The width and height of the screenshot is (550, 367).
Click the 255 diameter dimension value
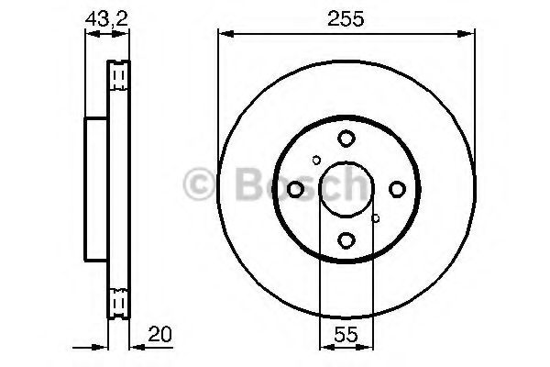click(x=346, y=19)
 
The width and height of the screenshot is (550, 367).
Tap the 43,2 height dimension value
click(x=106, y=19)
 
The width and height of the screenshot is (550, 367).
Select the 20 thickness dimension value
click(x=159, y=334)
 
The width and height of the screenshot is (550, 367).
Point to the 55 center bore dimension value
click(x=346, y=334)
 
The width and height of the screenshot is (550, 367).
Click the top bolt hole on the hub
click(x=346, y=139)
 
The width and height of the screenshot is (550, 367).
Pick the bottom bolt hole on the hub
click(x=346, y=240)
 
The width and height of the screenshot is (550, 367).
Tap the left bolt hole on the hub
click(x=295, y=189)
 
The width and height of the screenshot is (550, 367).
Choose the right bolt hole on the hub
click(x=397, y=189)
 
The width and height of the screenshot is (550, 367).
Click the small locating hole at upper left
click(x=316, y=161)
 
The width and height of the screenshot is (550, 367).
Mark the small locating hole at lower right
click(x=376, y=218)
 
